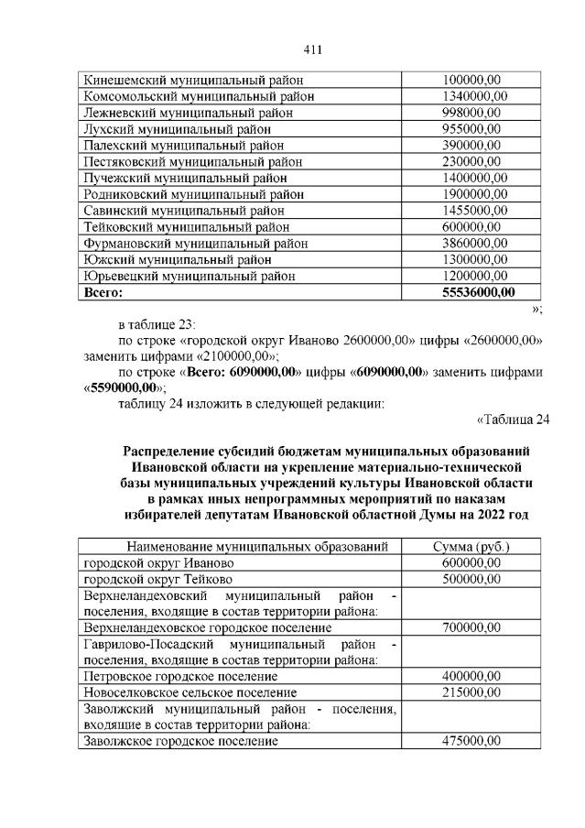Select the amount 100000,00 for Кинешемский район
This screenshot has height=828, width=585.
[471, 81]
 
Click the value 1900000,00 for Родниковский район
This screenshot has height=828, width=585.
[471, 194]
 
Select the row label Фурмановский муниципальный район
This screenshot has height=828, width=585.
[195, 244]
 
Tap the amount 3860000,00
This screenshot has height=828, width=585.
[471, 244]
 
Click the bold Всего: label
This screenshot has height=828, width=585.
[103, 292]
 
